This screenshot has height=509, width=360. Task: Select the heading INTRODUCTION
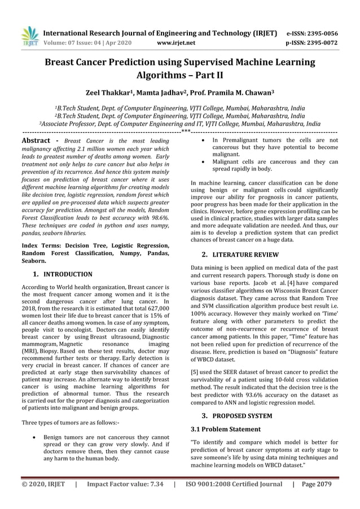pos(68,274)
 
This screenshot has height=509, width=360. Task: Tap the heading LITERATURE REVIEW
pos(245,254)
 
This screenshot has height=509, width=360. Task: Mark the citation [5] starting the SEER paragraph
pos(196,372)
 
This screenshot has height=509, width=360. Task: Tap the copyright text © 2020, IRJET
pos(43,484)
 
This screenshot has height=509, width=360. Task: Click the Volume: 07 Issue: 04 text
pos(85,42)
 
